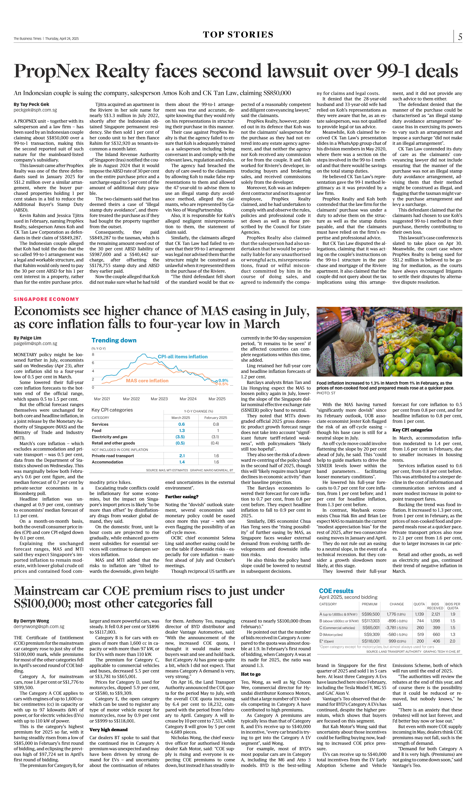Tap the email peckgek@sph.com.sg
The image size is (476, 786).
tap(35, 110)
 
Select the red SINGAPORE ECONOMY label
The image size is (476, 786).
tap(46, 299)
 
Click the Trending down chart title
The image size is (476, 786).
tap(114, 340)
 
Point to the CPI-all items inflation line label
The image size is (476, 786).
tap(182, 357)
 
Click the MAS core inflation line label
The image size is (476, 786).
tap(147, 381)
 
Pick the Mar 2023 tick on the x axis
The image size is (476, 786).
tap(159, 399)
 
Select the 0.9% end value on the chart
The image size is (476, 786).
tap(223, 380)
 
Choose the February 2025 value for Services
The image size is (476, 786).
tap(216, 424)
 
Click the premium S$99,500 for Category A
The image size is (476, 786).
tap(370, 614)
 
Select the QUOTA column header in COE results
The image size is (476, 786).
tap(419, 604)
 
